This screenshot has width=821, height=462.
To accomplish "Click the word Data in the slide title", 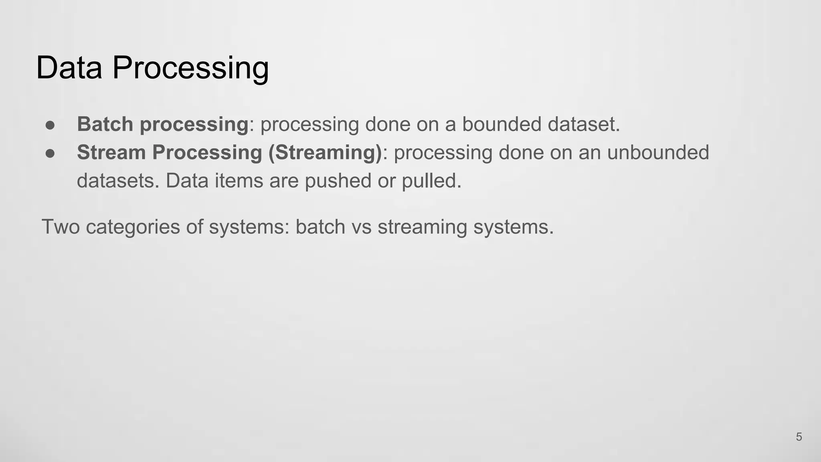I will click(69, 67).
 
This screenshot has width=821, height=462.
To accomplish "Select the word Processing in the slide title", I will click(190, 67).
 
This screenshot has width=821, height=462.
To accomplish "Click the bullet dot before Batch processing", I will click(50, 125).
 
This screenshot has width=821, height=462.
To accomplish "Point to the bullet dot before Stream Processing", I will click(50, 153).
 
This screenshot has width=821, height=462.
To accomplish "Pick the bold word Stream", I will click(111, 152).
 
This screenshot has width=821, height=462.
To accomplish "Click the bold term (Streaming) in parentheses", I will click(325, 152).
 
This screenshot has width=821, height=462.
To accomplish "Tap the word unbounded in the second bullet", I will click(658, 152).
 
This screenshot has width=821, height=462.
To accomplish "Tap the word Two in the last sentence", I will click(61, 227).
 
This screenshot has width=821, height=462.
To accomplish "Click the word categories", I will click(133, 227).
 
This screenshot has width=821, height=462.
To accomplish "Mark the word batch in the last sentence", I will click(320, 227).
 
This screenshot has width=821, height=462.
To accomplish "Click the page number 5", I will click(799, 437).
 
